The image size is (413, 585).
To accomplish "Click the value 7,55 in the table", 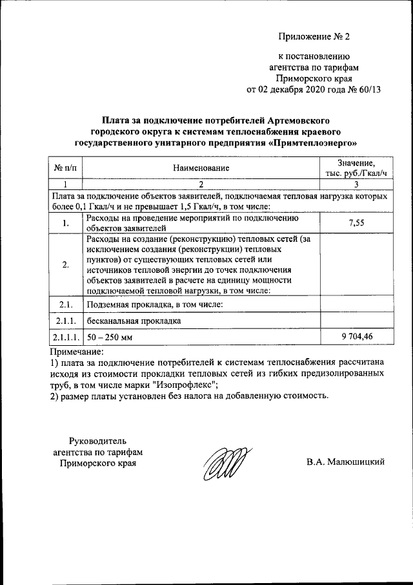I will (356, 223).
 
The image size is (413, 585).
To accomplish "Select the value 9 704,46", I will (356, 337).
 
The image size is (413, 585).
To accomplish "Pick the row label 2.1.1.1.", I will (65, 337).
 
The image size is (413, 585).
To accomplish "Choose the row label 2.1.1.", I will (65, 320).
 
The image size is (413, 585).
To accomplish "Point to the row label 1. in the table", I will (65, 224).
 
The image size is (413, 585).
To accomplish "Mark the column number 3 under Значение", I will (356, 185).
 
